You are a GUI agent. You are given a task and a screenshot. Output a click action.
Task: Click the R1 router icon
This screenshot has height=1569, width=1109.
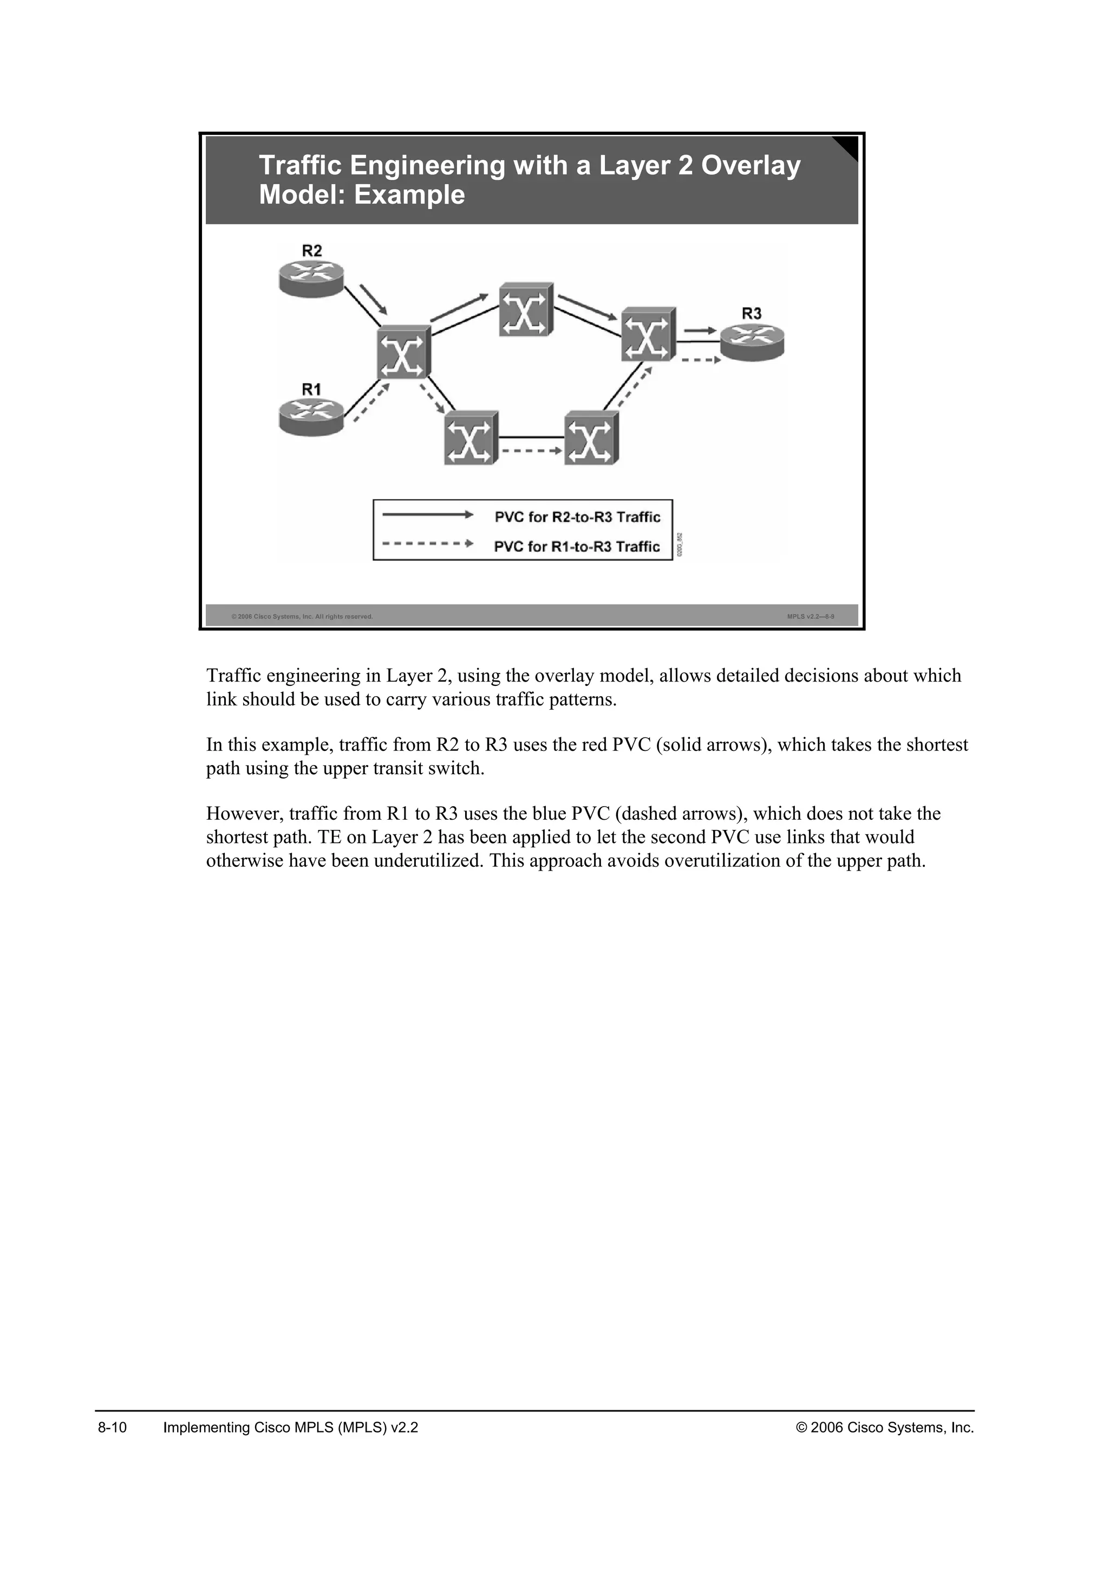(311, 417)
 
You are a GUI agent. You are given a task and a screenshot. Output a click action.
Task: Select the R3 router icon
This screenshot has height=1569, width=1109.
(752, 343)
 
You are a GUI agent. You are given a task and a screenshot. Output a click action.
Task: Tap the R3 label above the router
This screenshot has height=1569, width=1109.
(751, 314)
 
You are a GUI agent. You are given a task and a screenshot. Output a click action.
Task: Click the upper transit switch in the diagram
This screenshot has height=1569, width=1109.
(525, 309)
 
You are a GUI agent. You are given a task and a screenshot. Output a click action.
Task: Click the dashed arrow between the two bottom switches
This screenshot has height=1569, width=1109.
(531, 450)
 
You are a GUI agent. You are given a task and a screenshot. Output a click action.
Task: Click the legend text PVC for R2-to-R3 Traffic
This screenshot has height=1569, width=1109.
(577, 517)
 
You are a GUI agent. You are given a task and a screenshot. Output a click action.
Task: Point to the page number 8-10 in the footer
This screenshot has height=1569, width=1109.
(113, 1428)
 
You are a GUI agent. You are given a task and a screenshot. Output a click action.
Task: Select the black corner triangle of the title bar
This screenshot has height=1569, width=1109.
(847, 146)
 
